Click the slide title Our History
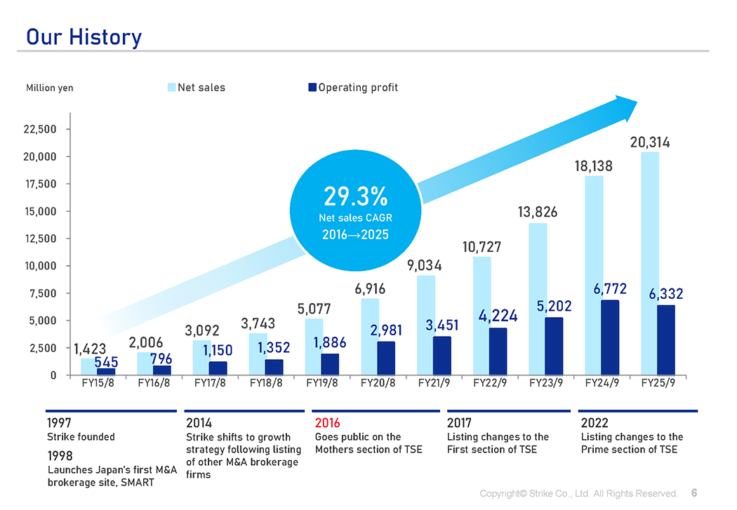pyautogui.click(x=84, y=36)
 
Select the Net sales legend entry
pyautogui.click(x=196, y=88)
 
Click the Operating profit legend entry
pyautogui.click(x=353, y=88)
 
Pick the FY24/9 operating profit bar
pyautogui.click(x=610, y=337)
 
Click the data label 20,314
pyautogui.click(x=650, y=142)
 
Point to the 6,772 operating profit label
pyautogui.click(x=610, y=289)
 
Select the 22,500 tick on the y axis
pyautogui.click(x=41, y=129)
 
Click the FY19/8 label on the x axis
pyautogui.click(x=322, y=384)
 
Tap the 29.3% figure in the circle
pyautogui.click(x=355, y=196)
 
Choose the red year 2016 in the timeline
pyautogui.click(x=328, y=423)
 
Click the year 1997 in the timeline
pyautogui.click(x=59, y=423)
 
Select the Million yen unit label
pyautogui.click(x=49, y=88)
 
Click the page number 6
pyautogui.click(x=693, y=493)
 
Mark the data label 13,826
pyautogui.click(x=538, y=212)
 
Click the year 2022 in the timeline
pyautogui.click(x=595, y=423)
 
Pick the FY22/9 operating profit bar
pyautogui.click(x=498, y=351)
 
